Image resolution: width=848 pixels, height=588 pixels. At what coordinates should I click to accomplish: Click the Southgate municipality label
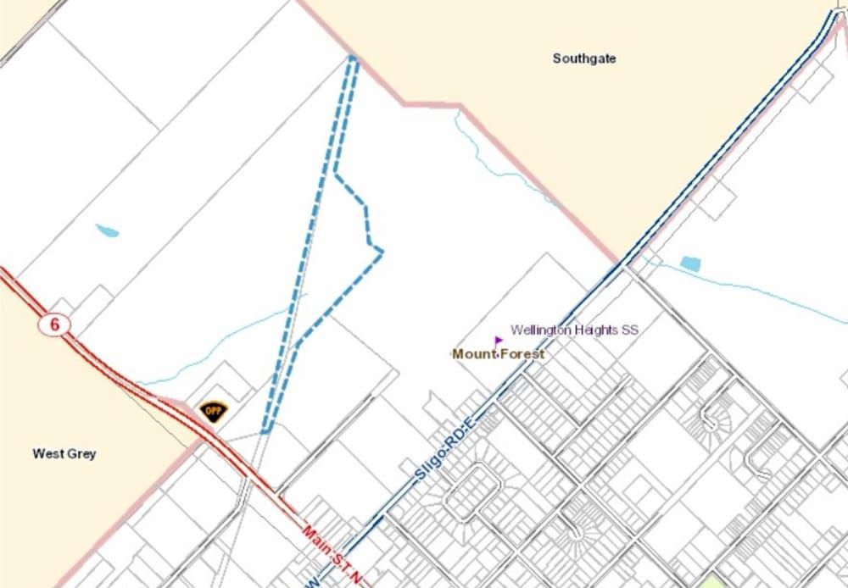584,58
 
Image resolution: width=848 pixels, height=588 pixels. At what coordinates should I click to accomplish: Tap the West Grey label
64,453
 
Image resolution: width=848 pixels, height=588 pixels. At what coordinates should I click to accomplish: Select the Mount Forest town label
499,353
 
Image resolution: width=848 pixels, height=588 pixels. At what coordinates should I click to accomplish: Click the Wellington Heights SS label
574,330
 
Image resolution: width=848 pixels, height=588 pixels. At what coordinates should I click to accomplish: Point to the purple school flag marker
498,341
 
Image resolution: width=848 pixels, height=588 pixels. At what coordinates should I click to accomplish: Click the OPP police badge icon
212,411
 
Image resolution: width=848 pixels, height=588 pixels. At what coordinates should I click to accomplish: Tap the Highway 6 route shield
53,325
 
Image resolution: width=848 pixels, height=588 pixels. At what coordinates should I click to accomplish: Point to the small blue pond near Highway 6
107,230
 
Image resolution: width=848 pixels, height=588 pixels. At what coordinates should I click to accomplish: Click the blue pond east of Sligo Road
690,263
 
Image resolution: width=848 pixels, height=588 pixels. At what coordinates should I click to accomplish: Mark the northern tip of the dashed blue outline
353,58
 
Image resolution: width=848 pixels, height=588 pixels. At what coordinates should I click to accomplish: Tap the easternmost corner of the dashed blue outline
382,250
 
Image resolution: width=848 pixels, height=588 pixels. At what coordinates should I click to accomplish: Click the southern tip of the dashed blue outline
265,430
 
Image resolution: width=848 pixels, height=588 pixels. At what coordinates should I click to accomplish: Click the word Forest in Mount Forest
522,353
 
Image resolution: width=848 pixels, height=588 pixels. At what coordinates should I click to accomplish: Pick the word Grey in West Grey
81,453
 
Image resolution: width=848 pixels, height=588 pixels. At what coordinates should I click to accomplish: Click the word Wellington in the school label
540,330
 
